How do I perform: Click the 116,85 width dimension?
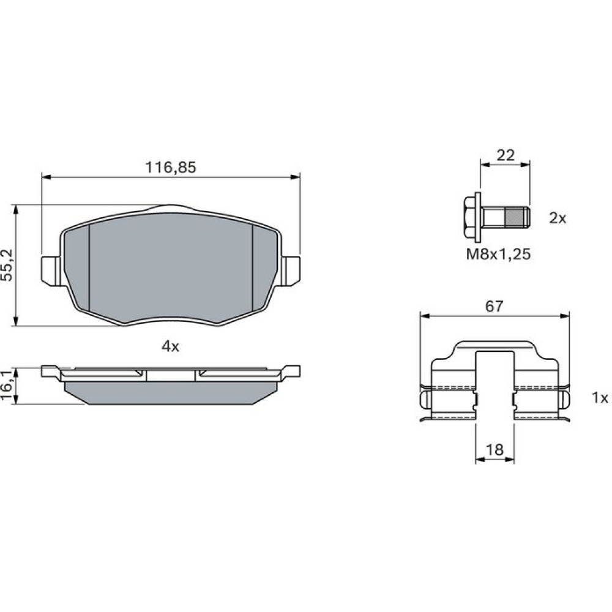coord(171,168)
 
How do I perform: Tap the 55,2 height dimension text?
coord(7,265)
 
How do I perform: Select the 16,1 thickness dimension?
coord(7,386)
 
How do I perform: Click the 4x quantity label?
coord(171,346)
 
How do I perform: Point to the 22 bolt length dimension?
coord(506,155)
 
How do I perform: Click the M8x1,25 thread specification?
coord(498,255)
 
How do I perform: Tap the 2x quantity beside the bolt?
coord(558,218)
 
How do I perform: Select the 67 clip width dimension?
coord(494,307)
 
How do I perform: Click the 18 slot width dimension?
coord(494,450)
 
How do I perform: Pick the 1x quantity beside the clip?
coord(600,398)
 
